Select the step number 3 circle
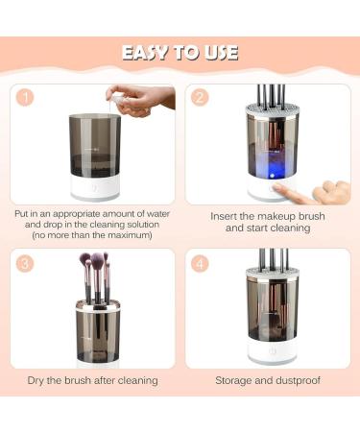pyautogui.click(x=26, y=262)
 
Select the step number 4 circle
pyautogui.click(x=201, y=262)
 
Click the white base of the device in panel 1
pyautogui.click(x=92, y=189)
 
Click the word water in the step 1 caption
pyautogui.click(x=150, y=211)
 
